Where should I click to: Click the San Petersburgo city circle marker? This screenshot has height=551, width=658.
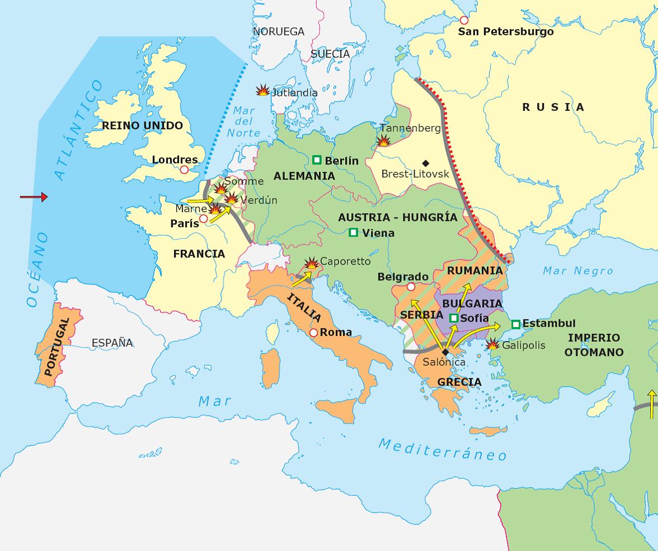pos(464,20)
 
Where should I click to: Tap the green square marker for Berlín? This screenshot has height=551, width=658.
pos(317,160)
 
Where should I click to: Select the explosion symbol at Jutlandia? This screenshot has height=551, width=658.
pos(262,90)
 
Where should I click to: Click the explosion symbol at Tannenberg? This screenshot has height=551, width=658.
pos(384,141)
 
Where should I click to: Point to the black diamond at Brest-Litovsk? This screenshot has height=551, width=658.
pos(425,163)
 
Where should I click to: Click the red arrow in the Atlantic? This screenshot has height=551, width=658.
pos(34,197)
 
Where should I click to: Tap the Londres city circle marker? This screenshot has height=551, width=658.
pos(183,170)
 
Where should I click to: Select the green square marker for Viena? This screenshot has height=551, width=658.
pos(353,232)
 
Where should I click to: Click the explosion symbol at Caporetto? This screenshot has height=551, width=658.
pos(311,263)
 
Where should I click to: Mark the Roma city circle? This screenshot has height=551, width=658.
pos(313,333)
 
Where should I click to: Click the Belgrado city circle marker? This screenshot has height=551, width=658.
pos(411,287)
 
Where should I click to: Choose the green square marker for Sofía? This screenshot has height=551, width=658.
pos(454,318)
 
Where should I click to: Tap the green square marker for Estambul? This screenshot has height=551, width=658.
pos(515,324)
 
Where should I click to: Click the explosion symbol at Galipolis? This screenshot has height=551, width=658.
pos(492,345)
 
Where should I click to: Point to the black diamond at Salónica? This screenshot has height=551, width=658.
pos(445,352)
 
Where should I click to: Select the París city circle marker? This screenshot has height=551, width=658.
pos(204,218)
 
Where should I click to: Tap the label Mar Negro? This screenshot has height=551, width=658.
pos(578,271)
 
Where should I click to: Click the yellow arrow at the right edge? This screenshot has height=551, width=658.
pos(651,404)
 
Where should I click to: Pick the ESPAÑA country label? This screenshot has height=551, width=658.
pos(112,343)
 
